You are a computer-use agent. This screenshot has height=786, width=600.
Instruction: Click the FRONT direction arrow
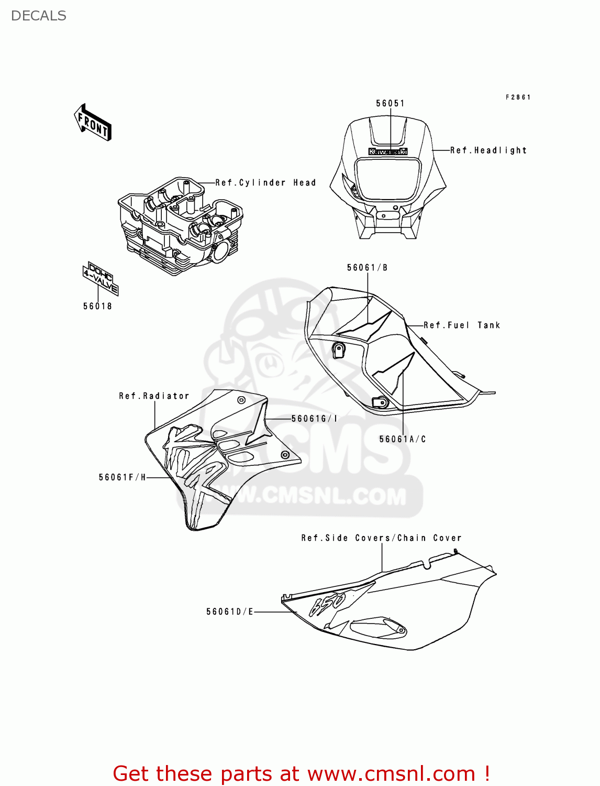coord(93,123)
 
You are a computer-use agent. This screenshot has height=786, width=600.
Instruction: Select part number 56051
coord(390,103)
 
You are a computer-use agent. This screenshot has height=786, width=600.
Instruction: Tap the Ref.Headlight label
coord(488,150)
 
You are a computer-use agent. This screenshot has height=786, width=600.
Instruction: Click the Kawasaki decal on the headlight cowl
coord(388,151)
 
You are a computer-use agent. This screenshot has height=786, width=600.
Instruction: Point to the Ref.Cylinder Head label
coord(265,183)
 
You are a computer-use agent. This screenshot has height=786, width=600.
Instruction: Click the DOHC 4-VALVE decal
coord(100,278)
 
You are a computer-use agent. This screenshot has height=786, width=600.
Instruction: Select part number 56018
coord(97,306)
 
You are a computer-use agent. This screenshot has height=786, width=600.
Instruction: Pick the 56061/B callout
coord(367,268)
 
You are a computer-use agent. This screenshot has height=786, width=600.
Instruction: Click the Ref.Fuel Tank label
coord(462,325)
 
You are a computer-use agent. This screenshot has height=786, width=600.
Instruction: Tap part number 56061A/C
coord(402,439)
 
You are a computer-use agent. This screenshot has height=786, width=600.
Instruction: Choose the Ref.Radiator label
coord(154,396)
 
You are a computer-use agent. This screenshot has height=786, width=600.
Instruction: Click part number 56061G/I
coord(314,419)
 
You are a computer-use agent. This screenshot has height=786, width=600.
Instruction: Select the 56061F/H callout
coord(123,477)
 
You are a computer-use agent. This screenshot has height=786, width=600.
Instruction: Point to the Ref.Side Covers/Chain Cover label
coord(381,538)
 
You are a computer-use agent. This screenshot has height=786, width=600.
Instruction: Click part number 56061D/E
coord(229,612)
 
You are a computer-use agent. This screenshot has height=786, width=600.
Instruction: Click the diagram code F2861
coord(518,97)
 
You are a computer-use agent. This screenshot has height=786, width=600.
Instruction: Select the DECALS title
coord(39,16)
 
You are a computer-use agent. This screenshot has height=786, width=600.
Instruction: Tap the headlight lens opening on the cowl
coord(388,179)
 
